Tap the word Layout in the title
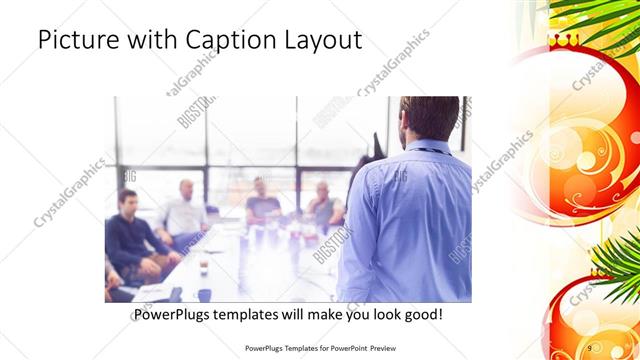click(x=321, y=41)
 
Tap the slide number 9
click(x=590, y=347)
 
